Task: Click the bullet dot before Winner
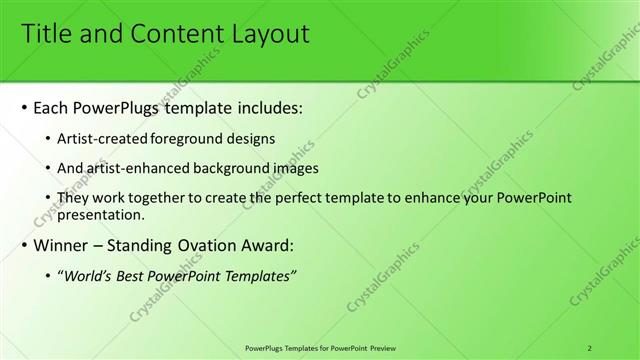click(x=23, y=245)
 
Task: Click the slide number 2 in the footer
click(x=590, y=348)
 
